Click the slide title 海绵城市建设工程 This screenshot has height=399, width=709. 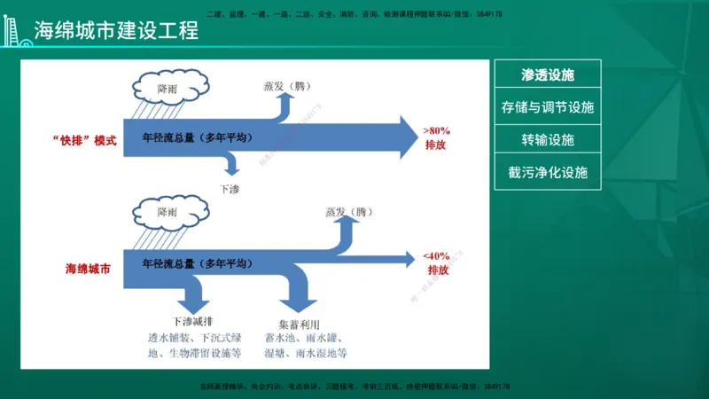(115, 29)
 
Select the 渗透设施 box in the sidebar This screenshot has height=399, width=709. (548, 75)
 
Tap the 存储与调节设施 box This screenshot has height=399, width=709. (548, 108)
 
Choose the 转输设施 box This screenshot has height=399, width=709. (548, 140)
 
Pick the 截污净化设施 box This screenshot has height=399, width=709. (548, 172)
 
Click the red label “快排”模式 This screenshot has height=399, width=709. (84, 140)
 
